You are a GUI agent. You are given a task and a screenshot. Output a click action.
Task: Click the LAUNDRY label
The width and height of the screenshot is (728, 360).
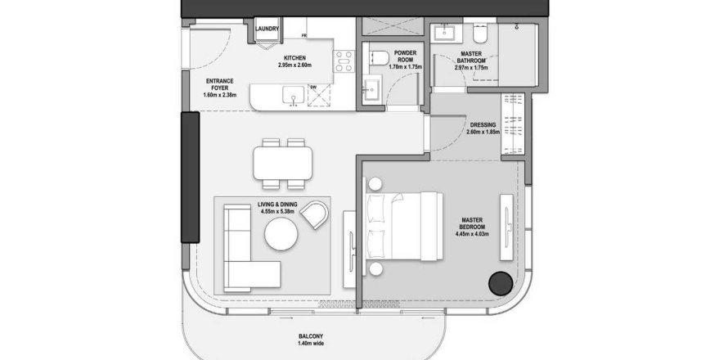(267, 29)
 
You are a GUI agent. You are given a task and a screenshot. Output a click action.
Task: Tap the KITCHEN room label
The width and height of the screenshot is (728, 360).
(294, 58)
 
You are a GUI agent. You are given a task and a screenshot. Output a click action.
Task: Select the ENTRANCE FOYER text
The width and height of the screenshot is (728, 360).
(219, 84)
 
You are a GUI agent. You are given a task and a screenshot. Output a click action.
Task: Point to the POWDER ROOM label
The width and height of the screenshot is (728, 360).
(406, 56)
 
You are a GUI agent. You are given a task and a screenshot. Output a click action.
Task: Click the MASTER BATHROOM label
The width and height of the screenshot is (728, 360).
(471, 57)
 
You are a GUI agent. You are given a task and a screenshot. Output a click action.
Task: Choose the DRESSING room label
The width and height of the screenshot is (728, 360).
(483, 125)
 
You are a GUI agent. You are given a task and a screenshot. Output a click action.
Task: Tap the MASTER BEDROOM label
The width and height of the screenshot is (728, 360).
(472, 223)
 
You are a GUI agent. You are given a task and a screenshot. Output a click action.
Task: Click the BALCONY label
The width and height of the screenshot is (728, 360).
(311, 336)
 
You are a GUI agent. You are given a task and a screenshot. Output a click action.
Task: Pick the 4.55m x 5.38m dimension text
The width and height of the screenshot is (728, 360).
(277, 211)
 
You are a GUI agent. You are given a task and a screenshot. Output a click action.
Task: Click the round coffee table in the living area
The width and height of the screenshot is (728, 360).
(281, 234)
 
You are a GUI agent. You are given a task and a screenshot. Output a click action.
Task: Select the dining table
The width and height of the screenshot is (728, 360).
(283, 164)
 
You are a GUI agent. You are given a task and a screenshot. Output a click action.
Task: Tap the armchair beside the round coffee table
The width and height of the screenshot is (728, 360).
(315, 214)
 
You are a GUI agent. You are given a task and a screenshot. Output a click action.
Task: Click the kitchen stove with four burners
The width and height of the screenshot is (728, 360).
(344, 61)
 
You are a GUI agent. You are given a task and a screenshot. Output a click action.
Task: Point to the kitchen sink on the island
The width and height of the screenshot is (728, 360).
(294, 95)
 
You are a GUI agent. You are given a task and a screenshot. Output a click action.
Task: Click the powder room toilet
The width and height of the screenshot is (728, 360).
(379, 58)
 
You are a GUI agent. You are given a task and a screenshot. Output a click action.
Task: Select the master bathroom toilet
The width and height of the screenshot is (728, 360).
(479, 33)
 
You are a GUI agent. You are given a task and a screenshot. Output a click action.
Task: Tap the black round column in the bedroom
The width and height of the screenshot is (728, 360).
(501, 283)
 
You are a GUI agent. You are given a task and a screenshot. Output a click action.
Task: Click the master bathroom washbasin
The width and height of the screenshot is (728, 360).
(446, 33)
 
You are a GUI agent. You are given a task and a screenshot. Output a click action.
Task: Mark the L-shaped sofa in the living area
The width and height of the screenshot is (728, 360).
(247, 248)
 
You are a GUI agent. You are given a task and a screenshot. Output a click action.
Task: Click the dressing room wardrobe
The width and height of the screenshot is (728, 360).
(513, 124)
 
